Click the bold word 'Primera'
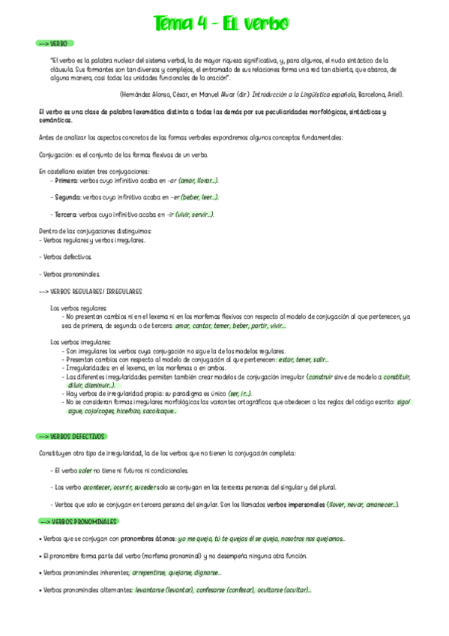66,181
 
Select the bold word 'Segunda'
67,197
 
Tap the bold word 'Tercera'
66,214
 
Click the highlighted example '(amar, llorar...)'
199,181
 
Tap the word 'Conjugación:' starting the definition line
55,154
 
